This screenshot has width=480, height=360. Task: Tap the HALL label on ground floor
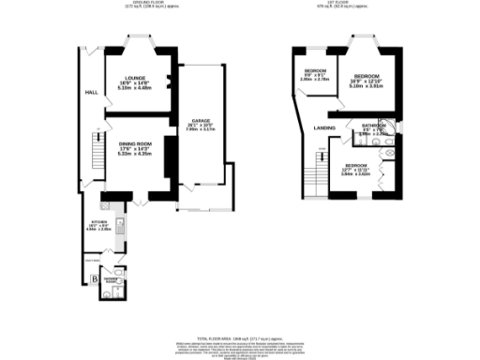pos(92,93)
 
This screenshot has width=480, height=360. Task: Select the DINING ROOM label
pos(135,143)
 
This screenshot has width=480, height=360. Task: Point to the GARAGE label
pos(200,121)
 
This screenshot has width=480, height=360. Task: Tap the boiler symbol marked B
pos(95,278)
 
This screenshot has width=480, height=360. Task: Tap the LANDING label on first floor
pos(325,127)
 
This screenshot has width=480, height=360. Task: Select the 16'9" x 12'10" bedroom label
pos(366,76)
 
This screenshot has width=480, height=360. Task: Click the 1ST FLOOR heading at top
pos(344,4)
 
